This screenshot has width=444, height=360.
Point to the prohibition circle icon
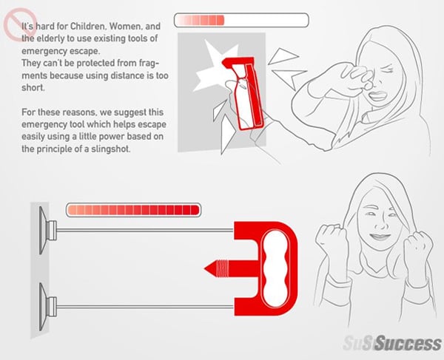(19, 24)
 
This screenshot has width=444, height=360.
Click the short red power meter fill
(201, 21)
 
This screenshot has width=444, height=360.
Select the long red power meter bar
(133, 210)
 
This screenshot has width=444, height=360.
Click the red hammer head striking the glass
(238, 61)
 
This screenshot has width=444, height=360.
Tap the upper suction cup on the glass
(47, 231)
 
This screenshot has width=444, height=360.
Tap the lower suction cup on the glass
(47, 307)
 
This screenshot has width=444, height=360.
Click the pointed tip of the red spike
(204, 268)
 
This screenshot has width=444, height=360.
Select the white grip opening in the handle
(276, 268)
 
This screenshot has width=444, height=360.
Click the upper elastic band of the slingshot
(145, 231)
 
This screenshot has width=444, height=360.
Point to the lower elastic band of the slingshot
(145, 307)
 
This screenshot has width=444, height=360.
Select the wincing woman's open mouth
(377, 96)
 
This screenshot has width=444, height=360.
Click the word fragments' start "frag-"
(149, 63)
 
